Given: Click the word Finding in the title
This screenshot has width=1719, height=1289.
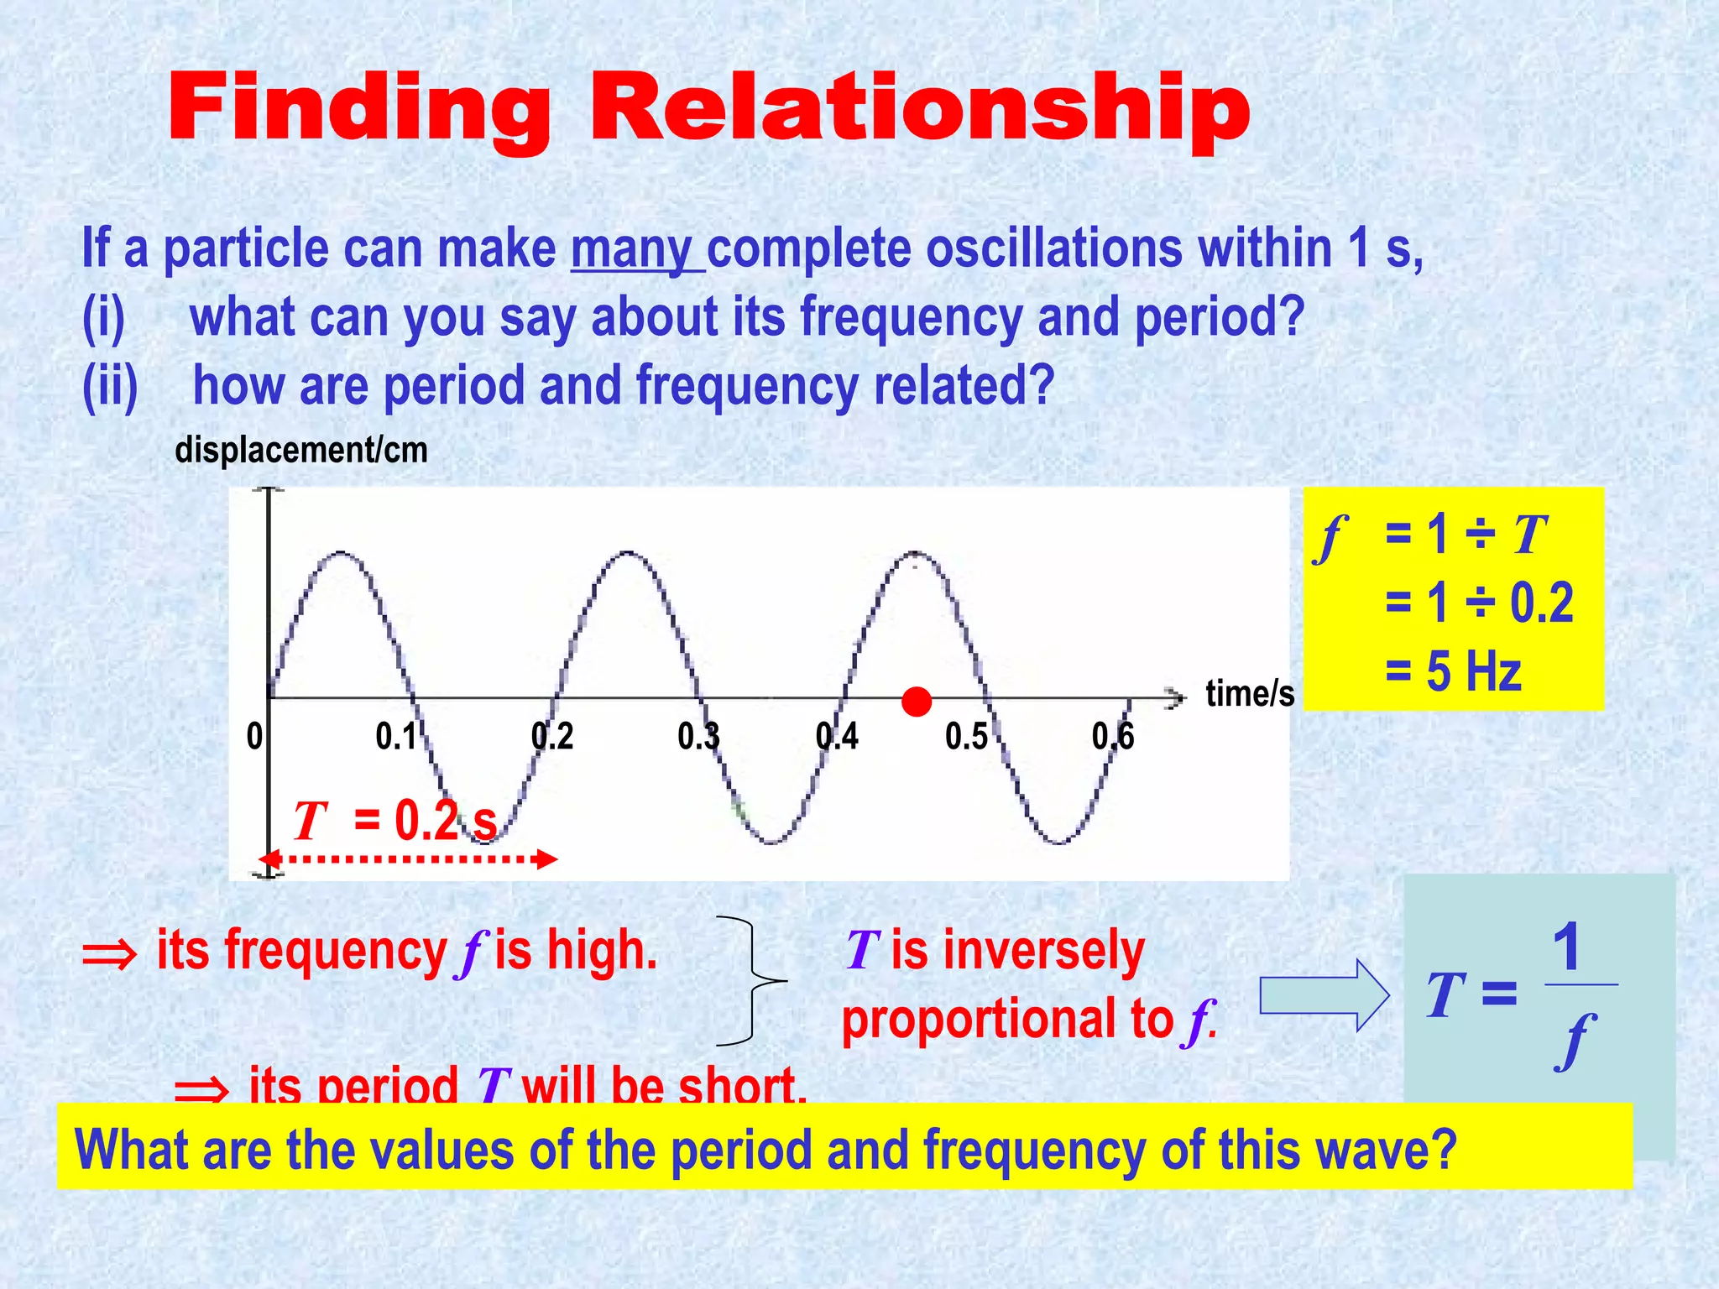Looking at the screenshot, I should tap(358, 109).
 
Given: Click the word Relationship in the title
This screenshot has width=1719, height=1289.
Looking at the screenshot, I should tap(920, 109).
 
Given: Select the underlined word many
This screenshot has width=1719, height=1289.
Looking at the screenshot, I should tap(632, 250).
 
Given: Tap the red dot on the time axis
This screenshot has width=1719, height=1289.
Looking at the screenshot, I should tap(916, 702).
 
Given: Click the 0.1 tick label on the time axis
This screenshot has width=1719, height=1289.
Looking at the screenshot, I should tap(396, 737).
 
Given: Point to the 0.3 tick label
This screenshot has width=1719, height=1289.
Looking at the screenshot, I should tap(698, 737).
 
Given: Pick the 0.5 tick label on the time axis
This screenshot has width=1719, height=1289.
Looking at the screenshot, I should tap(966, 737).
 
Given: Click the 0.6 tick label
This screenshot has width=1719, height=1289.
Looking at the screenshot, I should tap(1113, 737).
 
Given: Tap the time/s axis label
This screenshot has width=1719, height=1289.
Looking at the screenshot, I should tap(1249, 694).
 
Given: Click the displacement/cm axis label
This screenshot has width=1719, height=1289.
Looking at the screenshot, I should tap(301, 451).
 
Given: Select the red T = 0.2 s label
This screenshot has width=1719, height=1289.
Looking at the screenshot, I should tap(394, 820).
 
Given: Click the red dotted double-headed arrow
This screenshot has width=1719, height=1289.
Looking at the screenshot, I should tap(408, 859).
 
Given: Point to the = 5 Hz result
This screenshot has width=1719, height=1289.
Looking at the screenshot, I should tap(1453, 671).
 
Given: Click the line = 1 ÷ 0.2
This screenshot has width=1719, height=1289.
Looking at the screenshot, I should tap(1478, 603).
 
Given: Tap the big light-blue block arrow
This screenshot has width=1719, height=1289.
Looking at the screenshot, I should tap(1324, 995).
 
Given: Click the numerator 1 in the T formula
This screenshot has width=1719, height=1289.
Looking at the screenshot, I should tap(1566, 947).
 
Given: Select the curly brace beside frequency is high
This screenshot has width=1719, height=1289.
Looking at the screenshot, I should tap(752, 981).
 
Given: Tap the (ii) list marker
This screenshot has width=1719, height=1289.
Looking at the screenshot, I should tap(110, 386).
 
